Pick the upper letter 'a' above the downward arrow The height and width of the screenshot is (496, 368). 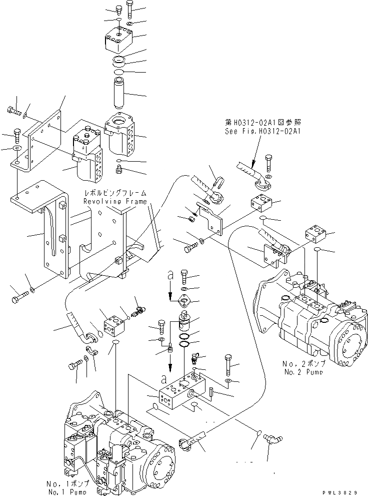tap(170, 275)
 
